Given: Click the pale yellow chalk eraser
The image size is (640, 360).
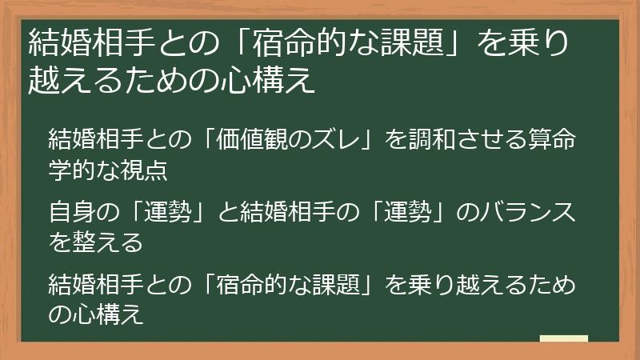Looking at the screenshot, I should [x=564, y=338].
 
